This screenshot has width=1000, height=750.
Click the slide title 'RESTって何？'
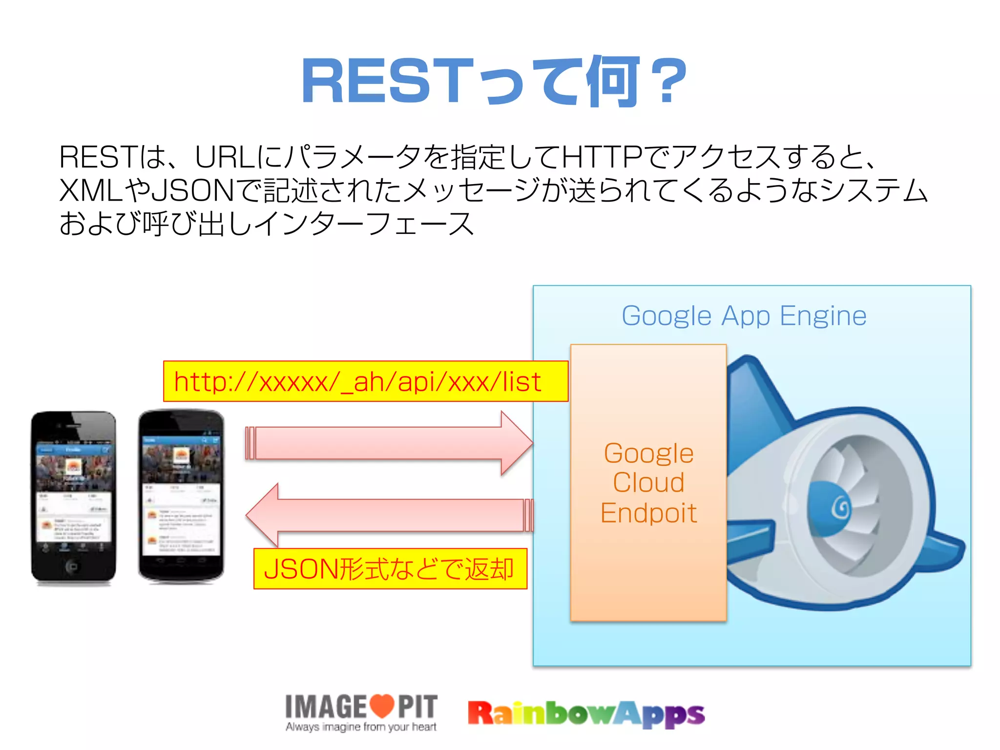tap(494, 82)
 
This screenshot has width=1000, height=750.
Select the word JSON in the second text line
tap(193, 190)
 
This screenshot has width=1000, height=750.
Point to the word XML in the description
tap(91, 190)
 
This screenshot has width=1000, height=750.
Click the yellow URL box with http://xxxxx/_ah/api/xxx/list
tap(365, 381)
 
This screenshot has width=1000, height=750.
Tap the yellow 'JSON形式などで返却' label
tap(390, 569)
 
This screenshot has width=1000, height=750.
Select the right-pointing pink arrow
tap(389, 443)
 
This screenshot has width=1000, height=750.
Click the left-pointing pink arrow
tap(389, 515)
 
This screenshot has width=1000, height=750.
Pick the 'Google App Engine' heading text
tap(744, 315)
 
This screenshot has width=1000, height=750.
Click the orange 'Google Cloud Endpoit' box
tap(648, 482)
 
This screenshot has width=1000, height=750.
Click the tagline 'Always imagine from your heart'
tap(361, 727)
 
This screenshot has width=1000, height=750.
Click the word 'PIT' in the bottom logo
tap(417, 707)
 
